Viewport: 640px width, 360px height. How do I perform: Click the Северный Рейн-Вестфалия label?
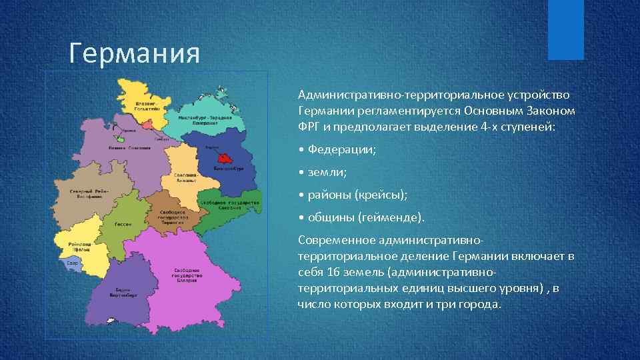(86, 194)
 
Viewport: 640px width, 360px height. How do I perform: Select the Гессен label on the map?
(122, 224)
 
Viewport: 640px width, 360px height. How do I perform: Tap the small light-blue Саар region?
(72, 263)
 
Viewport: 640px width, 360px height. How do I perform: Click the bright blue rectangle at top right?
(565, 29)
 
